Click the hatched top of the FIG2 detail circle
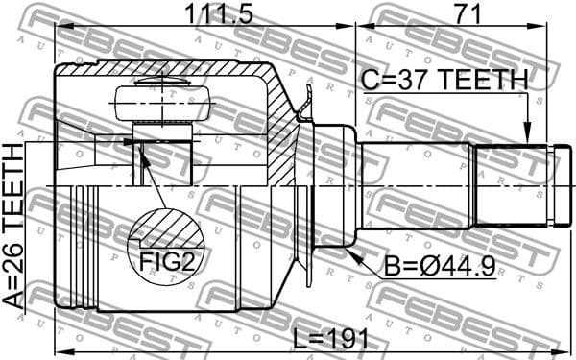165,228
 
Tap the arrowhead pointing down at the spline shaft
527,137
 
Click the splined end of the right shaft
509,183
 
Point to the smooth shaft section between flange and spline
413,183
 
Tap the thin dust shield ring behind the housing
307,182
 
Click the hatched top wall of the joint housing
163,69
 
